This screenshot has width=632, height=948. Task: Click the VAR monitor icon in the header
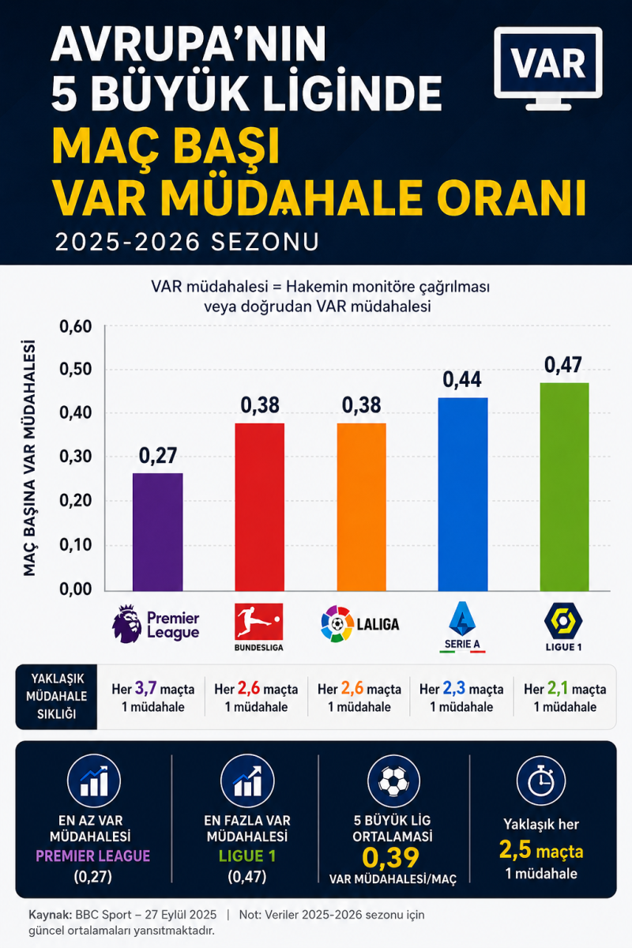pyautogui.click(x=548, y=68)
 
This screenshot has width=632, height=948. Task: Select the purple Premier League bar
pyautogui.click(x=158, y=532)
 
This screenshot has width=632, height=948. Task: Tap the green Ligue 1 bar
pyautogui.click(x=564, y=487)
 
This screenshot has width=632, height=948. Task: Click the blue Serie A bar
pyautogui.click(x=463, y=495)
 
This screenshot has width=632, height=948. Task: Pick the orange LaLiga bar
pyautogui.click(x=362, y=507)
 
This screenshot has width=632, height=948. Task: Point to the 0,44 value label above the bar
pyautogui.click(x=462, y=380)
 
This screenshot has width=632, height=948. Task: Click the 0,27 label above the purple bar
pyautogui.click(x=158, y=455)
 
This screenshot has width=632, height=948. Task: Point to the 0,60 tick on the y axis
pyautogui.click(x=76, y=327)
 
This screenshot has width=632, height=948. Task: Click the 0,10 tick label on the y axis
pyautogui.click(x=76, y=545)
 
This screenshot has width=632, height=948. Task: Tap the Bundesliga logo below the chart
pyautogui.click(x=259, y=626)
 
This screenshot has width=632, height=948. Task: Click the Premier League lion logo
pyautogui.click(x=126, y=624)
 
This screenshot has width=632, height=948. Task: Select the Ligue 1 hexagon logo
pyautogui.click(x=563, y=621)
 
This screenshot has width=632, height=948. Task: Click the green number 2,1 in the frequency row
pyautogui.click(x=558, y=689)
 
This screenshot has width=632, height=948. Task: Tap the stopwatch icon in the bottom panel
pyautogui.click(x=541, y=781)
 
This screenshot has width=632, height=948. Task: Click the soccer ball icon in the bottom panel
pyautogui.click(x=393, y=781)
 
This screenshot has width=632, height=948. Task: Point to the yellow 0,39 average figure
pyautogui.click(x=391, y=857)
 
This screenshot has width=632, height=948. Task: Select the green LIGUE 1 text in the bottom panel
pyautogui.click(x=247, y=856)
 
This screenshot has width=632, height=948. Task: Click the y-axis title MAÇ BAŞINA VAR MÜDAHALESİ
pyautogui.click(x=29, y=458)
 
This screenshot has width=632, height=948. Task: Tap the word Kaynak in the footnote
pyautogui.click(x=50, y=915)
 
